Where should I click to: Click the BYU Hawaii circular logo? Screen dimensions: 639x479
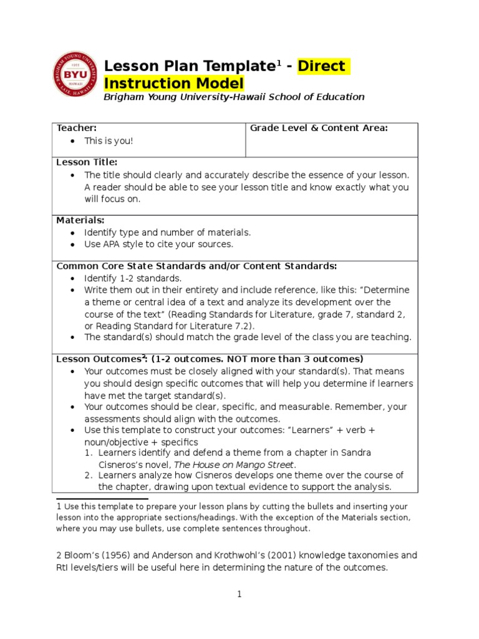[74, 74]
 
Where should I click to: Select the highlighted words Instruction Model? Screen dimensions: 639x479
[174, 83]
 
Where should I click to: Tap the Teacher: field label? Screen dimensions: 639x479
[76, 128]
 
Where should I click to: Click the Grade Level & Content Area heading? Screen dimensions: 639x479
[319, 128]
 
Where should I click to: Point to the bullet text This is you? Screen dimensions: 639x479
[109, 141]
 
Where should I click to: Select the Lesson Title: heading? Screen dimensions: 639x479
[87, 162]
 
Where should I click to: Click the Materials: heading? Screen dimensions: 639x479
[80, 220]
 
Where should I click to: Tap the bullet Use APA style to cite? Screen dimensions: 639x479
[158, 244]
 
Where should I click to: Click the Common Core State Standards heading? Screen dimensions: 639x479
[196, 266]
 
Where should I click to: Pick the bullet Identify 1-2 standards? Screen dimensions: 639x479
[133, 278]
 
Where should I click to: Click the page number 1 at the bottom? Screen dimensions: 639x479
[238, 595]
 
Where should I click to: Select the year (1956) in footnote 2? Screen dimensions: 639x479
[120, 555]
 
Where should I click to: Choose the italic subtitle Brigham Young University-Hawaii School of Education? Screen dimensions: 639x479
[234, 97]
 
